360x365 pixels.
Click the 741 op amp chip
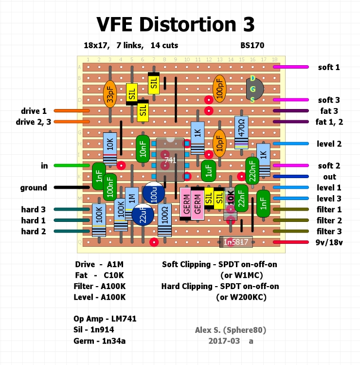[170, 160]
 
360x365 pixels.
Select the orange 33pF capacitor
[110, 94]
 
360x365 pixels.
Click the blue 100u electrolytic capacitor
[154, 193]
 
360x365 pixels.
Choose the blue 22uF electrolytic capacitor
[143, 215]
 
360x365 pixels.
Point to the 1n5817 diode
[236, 241]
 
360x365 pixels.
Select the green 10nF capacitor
[143, 149]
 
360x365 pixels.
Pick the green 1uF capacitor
[208, 171]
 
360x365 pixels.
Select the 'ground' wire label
[34, 187]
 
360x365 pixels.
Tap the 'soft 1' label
[329, 67]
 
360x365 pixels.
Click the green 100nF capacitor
[110, 187]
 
